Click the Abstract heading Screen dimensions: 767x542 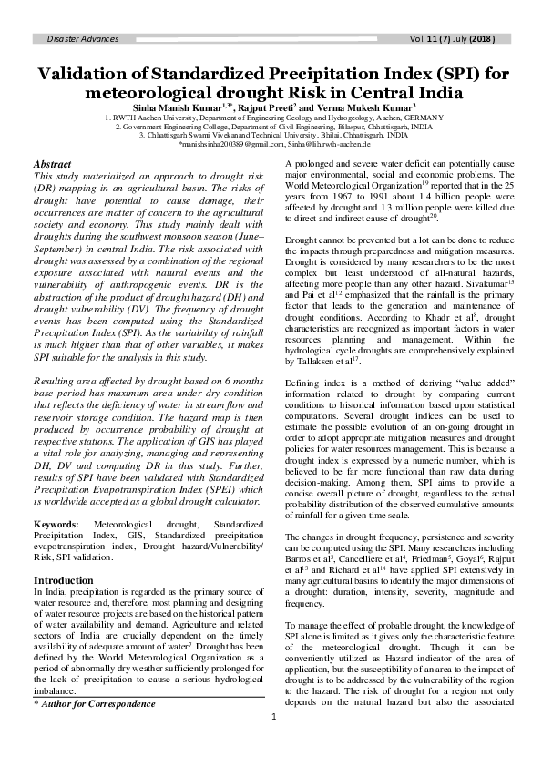(52, 164)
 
